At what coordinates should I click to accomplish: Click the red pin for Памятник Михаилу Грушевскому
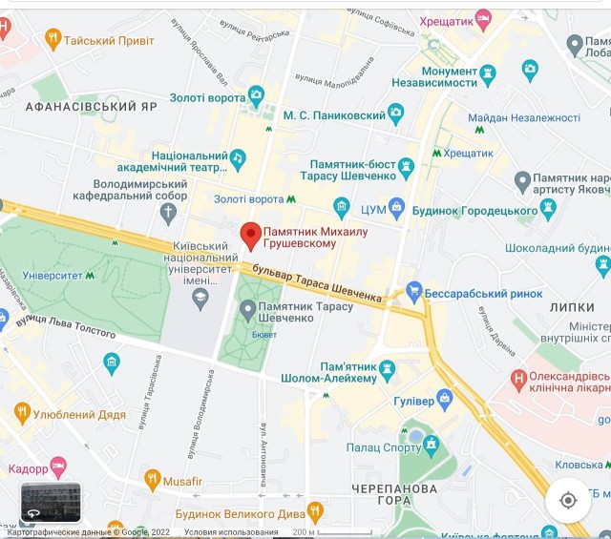250,234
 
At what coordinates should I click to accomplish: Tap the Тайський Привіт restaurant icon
53,39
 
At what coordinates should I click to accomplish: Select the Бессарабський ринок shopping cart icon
413,290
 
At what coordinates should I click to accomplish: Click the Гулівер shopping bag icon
443,398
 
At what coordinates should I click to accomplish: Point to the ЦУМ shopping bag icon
396,207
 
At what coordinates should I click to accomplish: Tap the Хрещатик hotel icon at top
483,18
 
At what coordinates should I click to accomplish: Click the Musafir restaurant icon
152,478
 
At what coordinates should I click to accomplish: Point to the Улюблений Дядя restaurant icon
23,413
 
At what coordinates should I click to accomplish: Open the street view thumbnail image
51,503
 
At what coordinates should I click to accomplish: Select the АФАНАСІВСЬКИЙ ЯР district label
92,107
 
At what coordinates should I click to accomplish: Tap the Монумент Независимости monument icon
488,72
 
